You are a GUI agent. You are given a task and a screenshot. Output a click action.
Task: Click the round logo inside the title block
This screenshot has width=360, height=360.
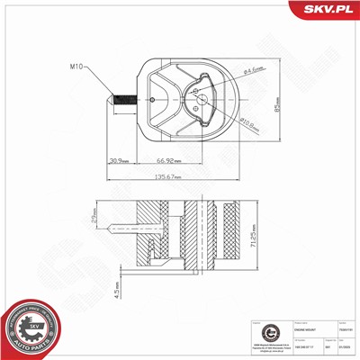pos(259,332)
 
